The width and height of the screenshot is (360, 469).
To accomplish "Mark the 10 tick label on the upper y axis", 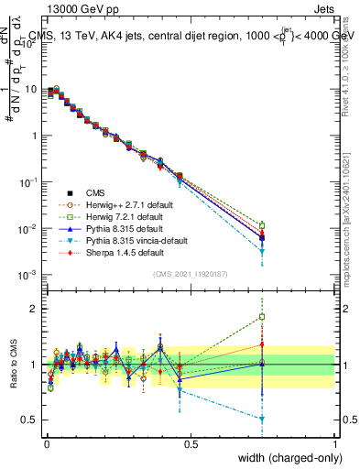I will (x=29, y=90).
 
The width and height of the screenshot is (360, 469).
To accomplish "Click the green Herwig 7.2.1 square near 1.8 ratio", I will (x=262, y=317).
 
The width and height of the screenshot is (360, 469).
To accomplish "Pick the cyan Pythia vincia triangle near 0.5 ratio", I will (x=262, y=419).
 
